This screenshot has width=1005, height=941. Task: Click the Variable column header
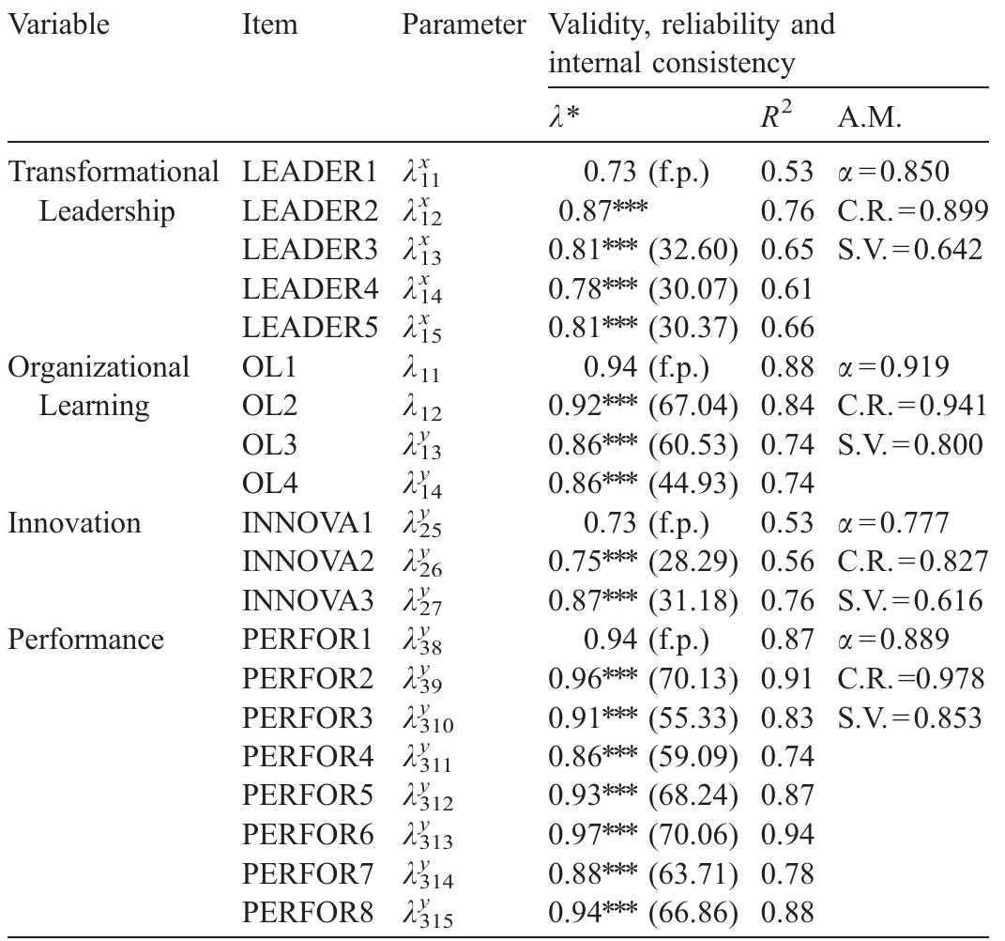pos(58,25)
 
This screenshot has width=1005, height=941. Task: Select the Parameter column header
pos(464,25)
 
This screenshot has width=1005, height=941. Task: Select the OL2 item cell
pos(270,407)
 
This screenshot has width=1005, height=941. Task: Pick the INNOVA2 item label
pos(308,562)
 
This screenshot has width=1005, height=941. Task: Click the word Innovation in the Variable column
pos(75,523)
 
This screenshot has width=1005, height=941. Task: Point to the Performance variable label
pos(85,640)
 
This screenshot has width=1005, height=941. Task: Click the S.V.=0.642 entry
pos(907,251)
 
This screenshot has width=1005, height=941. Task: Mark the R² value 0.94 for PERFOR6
pos(786,834)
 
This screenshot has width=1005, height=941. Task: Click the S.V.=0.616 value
pos(907,601)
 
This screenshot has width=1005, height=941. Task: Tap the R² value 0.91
pos(786,679)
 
